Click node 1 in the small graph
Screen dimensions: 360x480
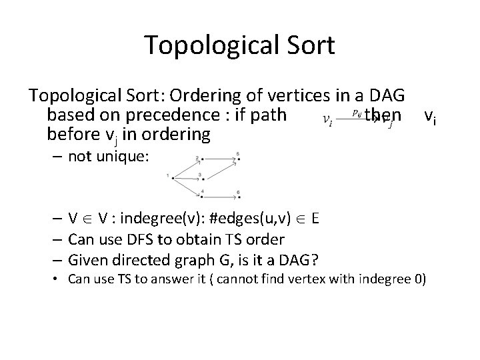tap(173, 177)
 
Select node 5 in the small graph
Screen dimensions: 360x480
tap(238, 159)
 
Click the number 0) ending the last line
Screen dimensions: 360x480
tap(417, 279)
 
